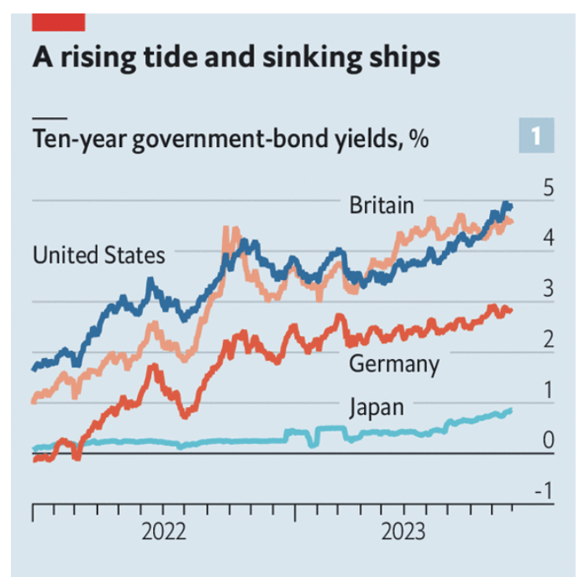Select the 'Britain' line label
382,204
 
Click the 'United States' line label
98,254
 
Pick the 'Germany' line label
393,364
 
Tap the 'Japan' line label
377,408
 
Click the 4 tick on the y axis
548,239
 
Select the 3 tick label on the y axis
548,289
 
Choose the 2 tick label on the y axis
548,340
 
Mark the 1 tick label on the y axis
548,390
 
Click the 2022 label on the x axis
163,532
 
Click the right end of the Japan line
509,410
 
